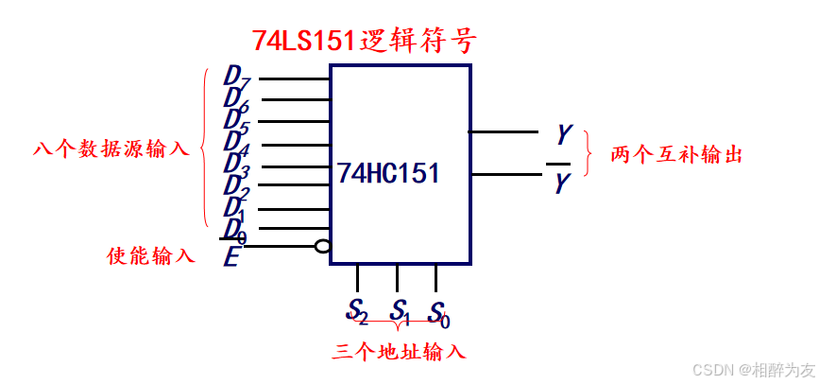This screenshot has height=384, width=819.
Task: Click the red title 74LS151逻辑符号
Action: pos(364,41)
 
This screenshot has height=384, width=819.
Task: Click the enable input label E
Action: pos(230,256)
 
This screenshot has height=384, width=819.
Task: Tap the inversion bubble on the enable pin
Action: pos(322,247)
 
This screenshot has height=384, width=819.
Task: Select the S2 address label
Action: pos(356,309)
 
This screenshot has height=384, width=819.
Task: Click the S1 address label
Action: pos(400,309)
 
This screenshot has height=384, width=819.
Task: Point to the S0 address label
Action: pos(438,312)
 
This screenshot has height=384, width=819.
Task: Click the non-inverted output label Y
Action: pos(564,135)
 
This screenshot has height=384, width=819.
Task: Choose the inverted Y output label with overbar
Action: pos(562,181)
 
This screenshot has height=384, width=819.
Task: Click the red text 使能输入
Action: pos(151,255)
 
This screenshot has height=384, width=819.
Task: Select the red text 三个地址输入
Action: pos(400,352)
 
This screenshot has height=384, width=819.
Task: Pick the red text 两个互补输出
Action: pos(675,155)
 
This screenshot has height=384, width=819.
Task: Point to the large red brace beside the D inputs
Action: pos(205,148)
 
